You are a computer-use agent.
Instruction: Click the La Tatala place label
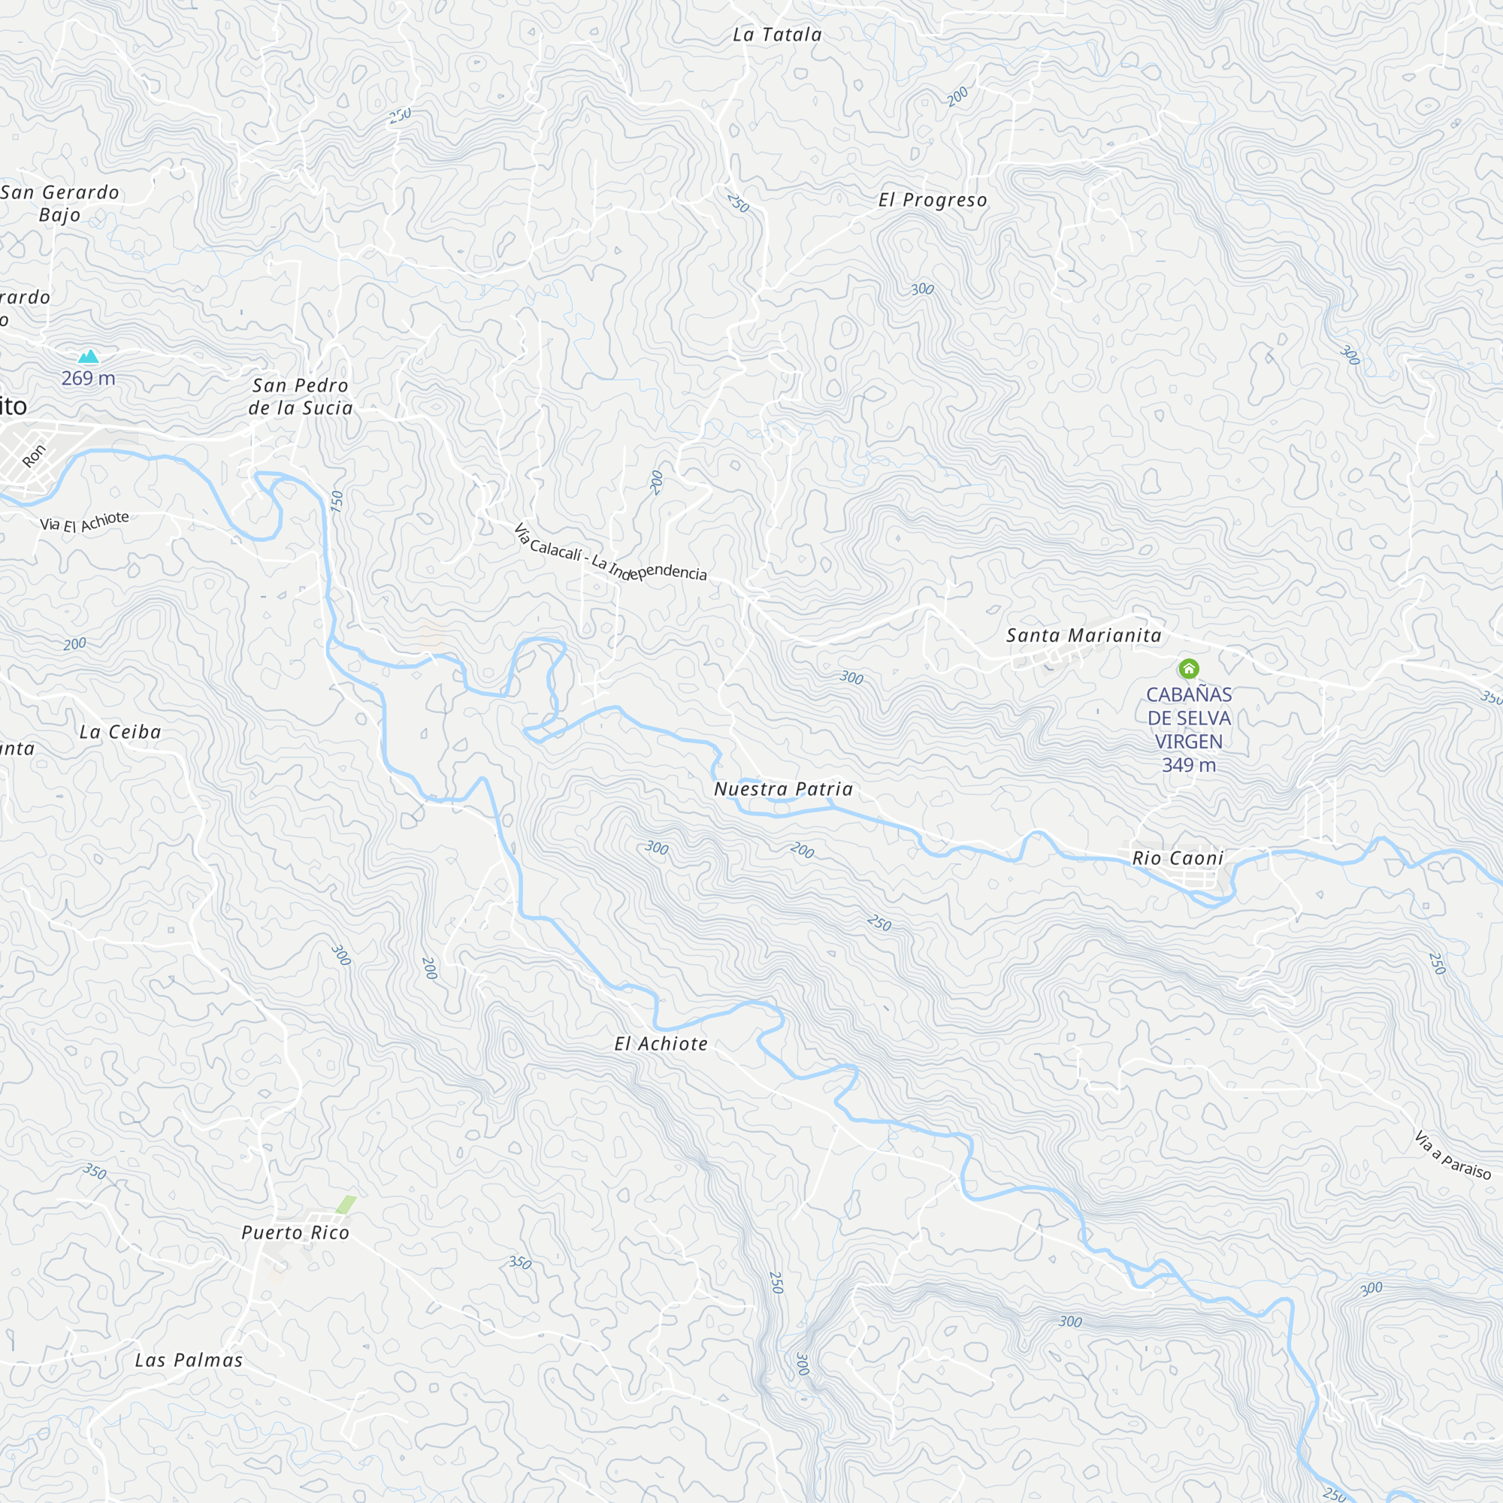pyautogui.click(x=777, y=35)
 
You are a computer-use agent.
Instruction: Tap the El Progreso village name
pyautogui.click(x=933, y=200)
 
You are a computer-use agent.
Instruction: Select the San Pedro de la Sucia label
pyautogui.click(x=301, y=397)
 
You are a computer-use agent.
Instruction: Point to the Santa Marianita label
pyautogui.click(x=1084, y=636)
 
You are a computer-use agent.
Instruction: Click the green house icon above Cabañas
pyautogui.click(x=1189, y=668)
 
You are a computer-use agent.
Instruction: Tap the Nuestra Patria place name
pyautogui.click(x=783, y=789)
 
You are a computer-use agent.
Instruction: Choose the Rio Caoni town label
pyautogui.click(x=1178, y=858)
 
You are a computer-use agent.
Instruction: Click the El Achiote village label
pyautogui.click(x=661, y=1043)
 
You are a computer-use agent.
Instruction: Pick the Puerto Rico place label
pyautogui.click(x=295, y=1232)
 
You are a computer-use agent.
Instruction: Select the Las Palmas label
pyautogui.click(x=189, y=1360)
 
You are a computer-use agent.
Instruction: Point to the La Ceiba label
pyautogui.click(x=120, y=732)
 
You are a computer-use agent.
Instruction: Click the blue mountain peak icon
pyautogui.click(x=89, y=357)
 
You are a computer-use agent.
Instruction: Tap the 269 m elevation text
pyautogui.click(x=89, y=379)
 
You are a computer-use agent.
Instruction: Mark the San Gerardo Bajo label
pyautogui.click(x=60, y=203)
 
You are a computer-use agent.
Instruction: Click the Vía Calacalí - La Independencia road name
pyautogui.click(x=610, y=555)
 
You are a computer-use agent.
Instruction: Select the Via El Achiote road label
pyautogui.click(x=85, y=522)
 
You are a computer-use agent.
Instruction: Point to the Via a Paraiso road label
pyautogui.click(x=1453, y=1155)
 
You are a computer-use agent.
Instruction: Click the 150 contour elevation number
pyautogui.click(x=337, y=501)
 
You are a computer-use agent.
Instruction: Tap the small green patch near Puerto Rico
pyautogui.click(x=346, y=1203)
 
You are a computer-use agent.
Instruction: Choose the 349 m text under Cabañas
pyautogui.click(x=1189, y=766)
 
